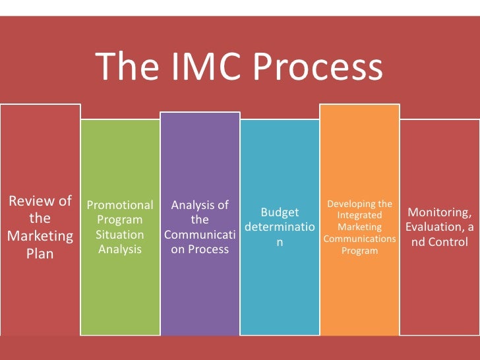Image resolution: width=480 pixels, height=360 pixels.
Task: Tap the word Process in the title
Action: (x=318, y=67)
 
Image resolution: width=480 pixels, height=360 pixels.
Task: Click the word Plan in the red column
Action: (x=40, y=253)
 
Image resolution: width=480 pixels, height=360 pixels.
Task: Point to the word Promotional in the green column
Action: (x=120, y=205)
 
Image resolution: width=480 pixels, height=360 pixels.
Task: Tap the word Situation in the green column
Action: (x=120, y=235)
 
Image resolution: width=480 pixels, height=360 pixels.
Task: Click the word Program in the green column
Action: (x=120, y=220)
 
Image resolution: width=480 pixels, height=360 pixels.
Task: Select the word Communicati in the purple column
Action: (x=200, y=235)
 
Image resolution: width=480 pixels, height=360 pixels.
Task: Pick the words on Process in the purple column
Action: (x=200, y=249)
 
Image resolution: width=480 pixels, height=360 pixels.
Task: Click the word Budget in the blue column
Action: (x=280, y=212)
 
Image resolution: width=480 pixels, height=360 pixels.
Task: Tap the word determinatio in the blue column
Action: (x=280, y=227)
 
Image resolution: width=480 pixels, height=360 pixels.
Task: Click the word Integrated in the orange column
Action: (x=360, y=216)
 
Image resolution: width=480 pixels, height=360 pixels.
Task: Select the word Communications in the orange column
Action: (x=360, y=239)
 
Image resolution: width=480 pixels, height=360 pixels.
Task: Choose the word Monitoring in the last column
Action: (x=439, y=212)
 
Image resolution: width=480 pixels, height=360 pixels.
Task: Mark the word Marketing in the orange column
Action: (x=360, y=227)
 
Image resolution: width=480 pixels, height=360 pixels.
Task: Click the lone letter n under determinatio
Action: (x=280, y=243)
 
